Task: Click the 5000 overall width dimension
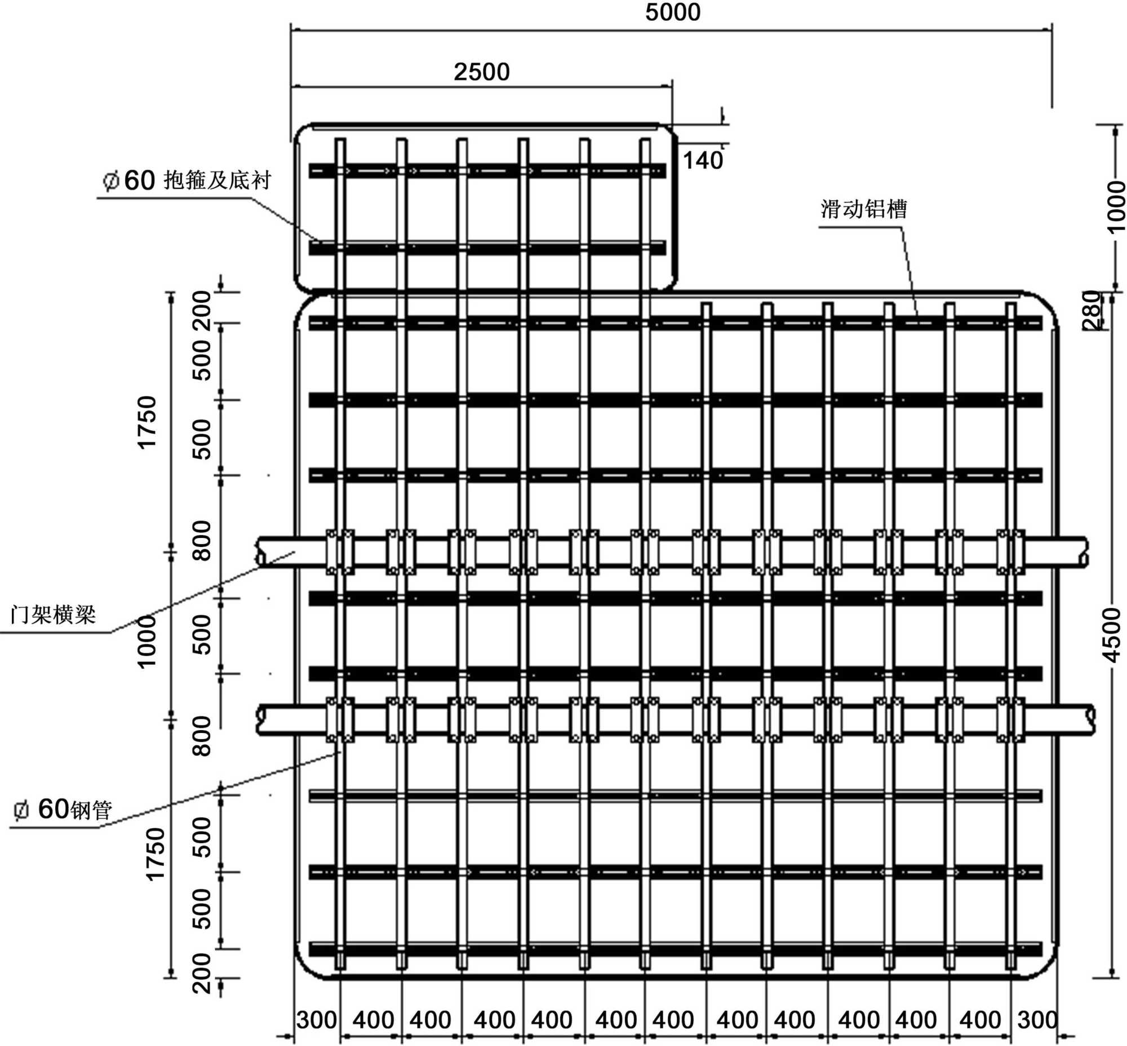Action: (x=672, y=12)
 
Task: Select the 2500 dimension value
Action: (x=481, y=72)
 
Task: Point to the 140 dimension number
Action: (x=703, y=161)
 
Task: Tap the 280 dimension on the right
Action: (x=1092, y=310)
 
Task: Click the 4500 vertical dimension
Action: (x=1111, y=635)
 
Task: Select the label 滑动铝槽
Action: (x=863, y=209)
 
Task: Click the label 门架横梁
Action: (x=53, y=614)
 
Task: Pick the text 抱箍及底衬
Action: (x=218, y=180)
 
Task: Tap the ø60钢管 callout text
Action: (x=63, y=810)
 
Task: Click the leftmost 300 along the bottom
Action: (x=316, y=1020)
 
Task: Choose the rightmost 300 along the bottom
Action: (x=1036, y=1020)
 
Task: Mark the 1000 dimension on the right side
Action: (x=1116, y=206)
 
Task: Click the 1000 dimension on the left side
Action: (x=146, y=642)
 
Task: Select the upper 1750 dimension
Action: (x=146, y=422)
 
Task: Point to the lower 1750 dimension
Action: (x=154, y=854)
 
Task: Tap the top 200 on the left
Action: (x=201, y=311)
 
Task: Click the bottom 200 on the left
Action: (x=201, y=974)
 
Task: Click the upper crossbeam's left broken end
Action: (x=261, y=552)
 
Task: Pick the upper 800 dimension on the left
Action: (x=201, y=541)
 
